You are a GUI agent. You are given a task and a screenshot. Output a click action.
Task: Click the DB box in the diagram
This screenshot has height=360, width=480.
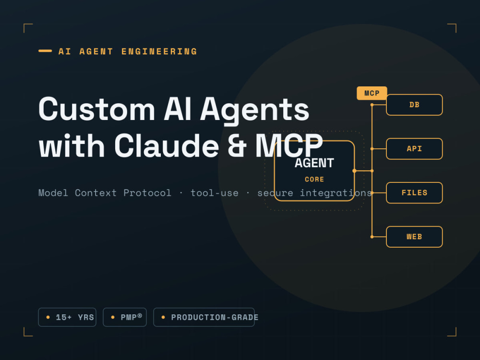414,105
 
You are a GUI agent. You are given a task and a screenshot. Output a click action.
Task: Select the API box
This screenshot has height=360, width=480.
414,149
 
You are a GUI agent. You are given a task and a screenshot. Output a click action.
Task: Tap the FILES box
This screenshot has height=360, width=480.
414,193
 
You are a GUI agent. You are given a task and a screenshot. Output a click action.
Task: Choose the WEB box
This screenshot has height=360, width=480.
414,237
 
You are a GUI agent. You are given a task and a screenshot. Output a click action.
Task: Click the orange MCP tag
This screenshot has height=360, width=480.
372,93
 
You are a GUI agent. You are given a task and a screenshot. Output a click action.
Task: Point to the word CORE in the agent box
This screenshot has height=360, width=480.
314,180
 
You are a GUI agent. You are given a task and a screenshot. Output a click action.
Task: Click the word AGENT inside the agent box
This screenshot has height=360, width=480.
314,163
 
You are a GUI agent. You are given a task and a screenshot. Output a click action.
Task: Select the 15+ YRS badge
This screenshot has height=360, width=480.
67,317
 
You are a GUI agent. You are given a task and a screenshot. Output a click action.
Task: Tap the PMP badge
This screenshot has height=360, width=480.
125,317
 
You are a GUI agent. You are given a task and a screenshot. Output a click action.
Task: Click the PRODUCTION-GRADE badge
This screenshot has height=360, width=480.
204,317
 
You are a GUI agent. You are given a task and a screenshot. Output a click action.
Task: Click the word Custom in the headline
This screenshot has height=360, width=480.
97,109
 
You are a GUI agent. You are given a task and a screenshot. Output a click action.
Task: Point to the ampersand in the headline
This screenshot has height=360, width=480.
237,146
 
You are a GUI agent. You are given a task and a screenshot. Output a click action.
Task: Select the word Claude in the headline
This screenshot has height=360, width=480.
167,145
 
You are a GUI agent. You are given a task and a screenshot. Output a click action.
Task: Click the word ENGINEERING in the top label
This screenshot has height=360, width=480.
159,51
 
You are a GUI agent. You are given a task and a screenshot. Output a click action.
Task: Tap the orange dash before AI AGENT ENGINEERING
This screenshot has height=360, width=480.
45,51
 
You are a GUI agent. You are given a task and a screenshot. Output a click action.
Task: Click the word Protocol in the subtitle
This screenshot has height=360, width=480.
147,193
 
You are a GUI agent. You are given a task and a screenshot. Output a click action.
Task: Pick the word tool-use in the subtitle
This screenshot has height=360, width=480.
214,193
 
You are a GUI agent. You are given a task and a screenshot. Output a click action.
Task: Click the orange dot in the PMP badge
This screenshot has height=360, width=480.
113,317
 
